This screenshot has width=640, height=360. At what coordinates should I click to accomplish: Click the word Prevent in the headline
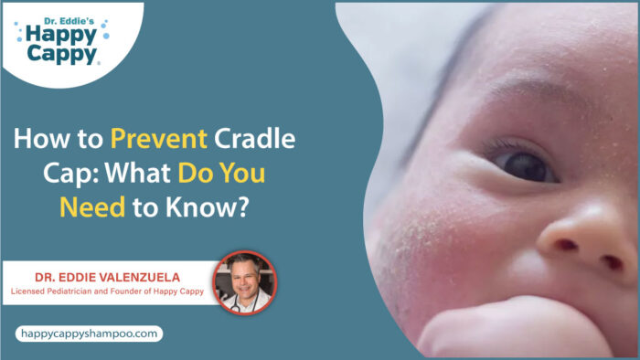coord(158,141)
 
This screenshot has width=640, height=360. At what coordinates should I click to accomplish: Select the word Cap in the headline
coord(32,175)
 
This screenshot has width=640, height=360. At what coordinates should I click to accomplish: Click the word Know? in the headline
coord(209,207)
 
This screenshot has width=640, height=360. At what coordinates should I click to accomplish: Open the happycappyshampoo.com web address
coord(88,334)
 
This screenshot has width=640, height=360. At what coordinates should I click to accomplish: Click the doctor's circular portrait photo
coord(244,282)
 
